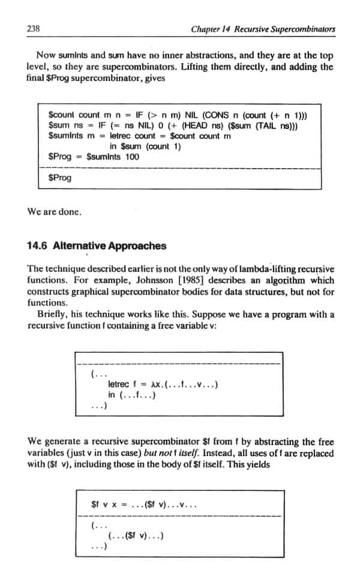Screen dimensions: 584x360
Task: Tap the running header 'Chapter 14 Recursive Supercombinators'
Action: tap(262, 29)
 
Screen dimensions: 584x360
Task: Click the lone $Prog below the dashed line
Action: tap(59, 178)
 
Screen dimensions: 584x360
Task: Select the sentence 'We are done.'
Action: tap(55, 212)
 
